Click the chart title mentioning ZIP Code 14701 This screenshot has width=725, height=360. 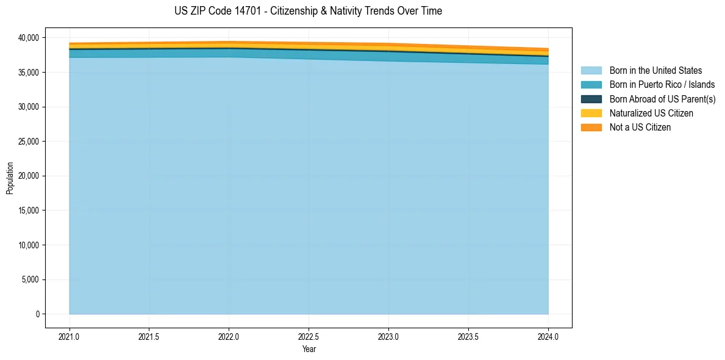308,11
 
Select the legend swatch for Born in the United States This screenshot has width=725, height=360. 591,71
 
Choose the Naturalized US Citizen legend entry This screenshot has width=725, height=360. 651,113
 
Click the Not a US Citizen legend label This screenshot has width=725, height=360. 640,127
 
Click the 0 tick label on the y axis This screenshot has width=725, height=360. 37,314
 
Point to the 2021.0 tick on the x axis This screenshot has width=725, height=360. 70,336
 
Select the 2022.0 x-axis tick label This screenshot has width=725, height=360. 229,336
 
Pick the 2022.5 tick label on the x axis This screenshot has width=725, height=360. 309,336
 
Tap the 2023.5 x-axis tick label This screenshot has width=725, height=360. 468,336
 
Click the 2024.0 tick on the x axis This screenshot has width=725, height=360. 548,336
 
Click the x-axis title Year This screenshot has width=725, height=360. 309,349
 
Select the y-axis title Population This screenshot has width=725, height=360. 10,178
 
